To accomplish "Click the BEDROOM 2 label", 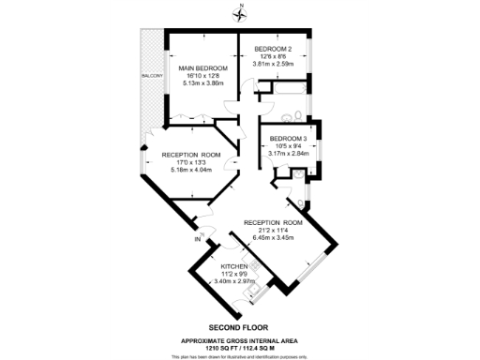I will tap(274, 49).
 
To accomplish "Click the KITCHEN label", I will tap(233, 266).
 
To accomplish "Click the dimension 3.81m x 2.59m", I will tap(274, 65).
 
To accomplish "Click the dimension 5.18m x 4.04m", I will tap(190, 171).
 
